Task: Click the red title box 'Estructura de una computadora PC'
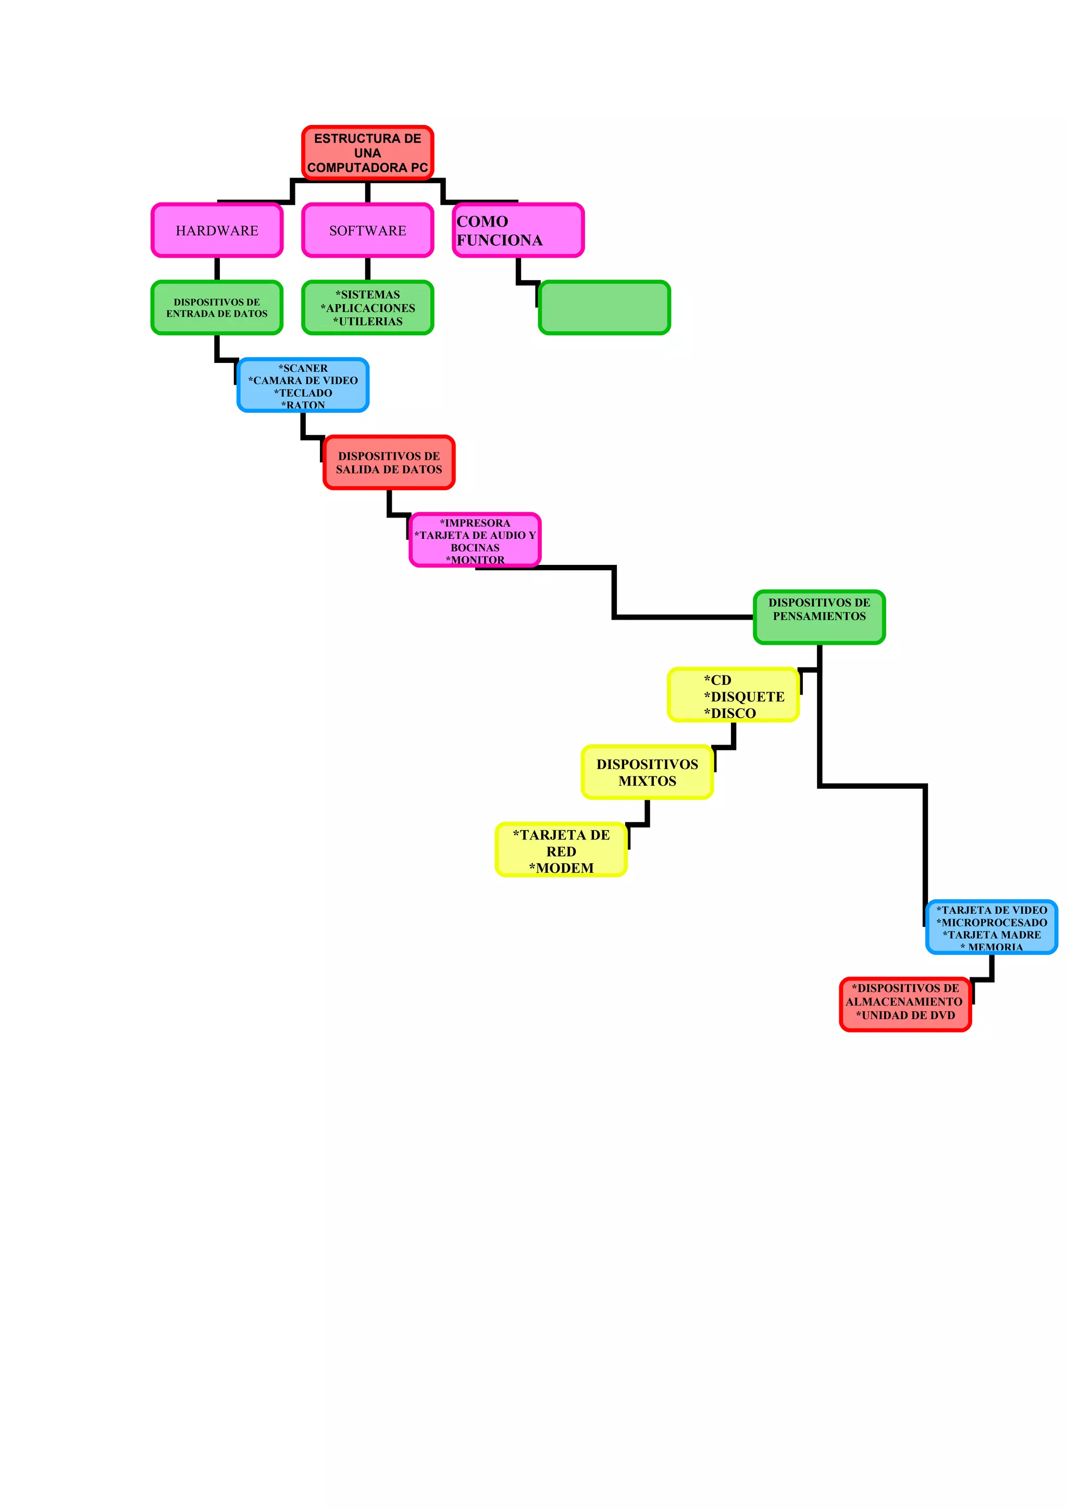tap(367, 153)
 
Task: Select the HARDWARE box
tap(217, 230)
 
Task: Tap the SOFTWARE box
tap(367, 230)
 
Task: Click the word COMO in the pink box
tap(482, 221)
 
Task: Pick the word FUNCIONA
tap(500, 241)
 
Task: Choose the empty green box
tap(604, 308)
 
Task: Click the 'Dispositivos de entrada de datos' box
tap(217, 308)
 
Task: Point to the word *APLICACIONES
tap(368, 308)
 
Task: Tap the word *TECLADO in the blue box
tap(303, 393)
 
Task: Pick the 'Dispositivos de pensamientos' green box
tap(819, 617)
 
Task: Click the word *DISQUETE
tap(744, 697)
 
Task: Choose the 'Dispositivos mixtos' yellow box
tap(648, 772)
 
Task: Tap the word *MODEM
tap(562, 868)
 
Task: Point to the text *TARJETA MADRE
tap(992, 935)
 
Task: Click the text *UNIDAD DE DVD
tap(905, 1015)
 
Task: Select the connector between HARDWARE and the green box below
tap(217, 269)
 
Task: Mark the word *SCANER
tap(303, 368)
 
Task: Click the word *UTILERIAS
tap(368, 321)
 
